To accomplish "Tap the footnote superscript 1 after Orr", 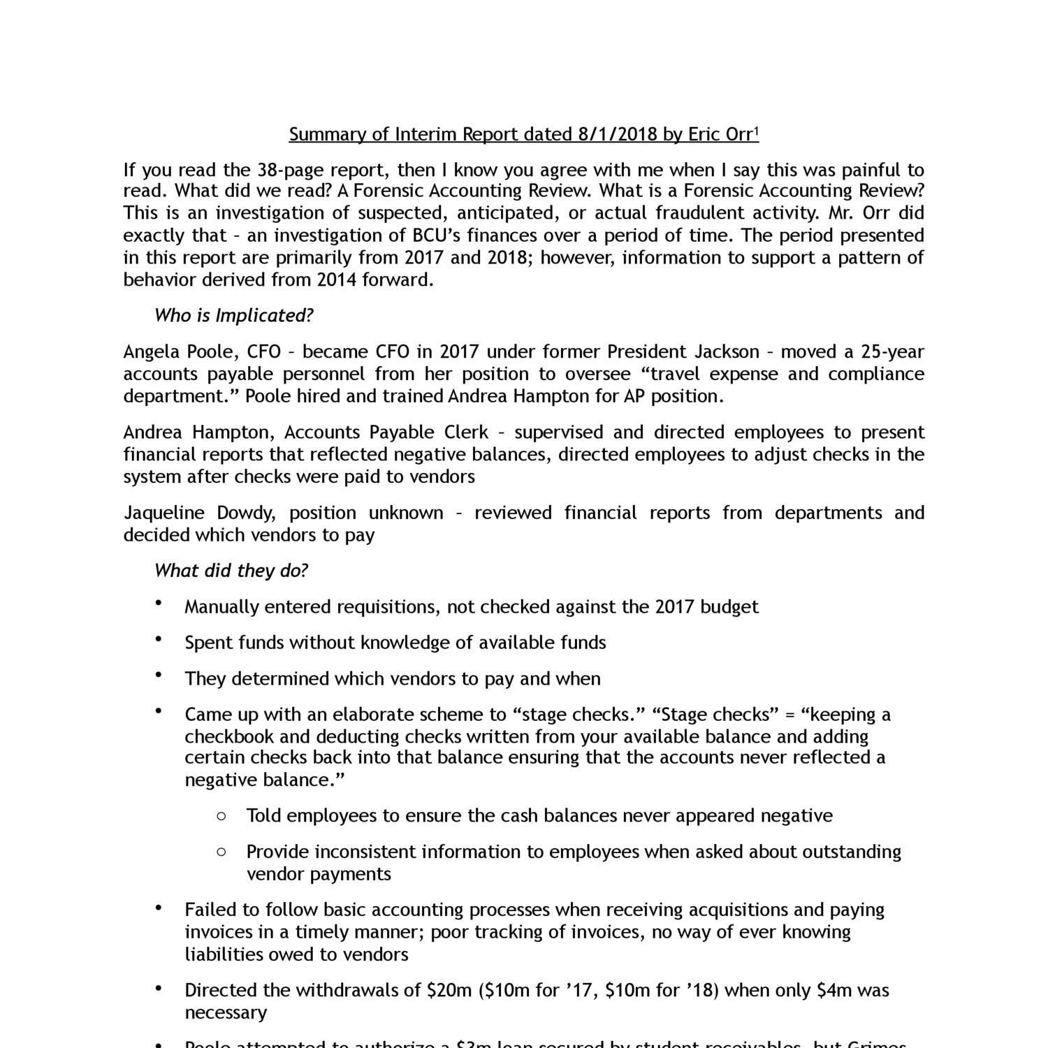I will pyautogui.click(x=757, y=130).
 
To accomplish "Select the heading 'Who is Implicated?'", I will pyautogui.click(x=233, y=316).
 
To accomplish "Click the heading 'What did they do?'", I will pyautogui.click(x=231, y=571).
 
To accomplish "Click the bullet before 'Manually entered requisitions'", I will pyautogui.click(x=159, y=603).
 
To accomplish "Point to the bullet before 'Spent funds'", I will pyautogui.click(x=159, y=639).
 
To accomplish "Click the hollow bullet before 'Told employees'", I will pyautogui.click(x=221, y=815).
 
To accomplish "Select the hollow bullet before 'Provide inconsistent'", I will pyautogui.click(x=221, y=852).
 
